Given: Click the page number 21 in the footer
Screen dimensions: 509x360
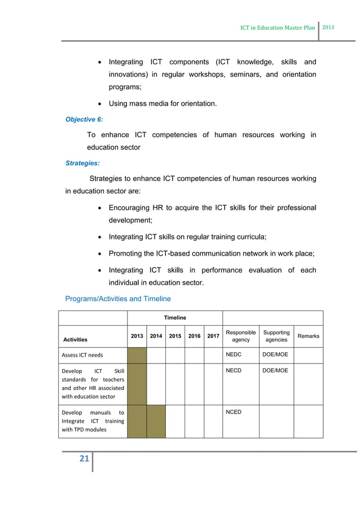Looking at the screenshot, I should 84,459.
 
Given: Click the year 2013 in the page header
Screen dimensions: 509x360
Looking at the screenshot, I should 328,27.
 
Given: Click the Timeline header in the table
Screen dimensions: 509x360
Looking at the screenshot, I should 174,318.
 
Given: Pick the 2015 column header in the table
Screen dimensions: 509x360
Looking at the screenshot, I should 175,336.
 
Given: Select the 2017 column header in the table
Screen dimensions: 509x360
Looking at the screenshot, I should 213,336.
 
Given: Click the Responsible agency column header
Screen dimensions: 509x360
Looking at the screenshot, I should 240,336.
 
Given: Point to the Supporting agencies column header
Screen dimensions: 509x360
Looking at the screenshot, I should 276,336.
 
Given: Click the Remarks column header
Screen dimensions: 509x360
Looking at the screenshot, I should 308,336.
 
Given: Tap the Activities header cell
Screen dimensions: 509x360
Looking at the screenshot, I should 75,340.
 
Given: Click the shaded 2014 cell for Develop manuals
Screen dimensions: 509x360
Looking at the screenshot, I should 156,421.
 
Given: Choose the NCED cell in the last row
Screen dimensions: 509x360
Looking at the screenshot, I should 234,412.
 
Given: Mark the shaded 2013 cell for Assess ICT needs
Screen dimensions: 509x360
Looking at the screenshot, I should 137,355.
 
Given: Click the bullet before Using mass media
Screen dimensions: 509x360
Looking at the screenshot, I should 99,103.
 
